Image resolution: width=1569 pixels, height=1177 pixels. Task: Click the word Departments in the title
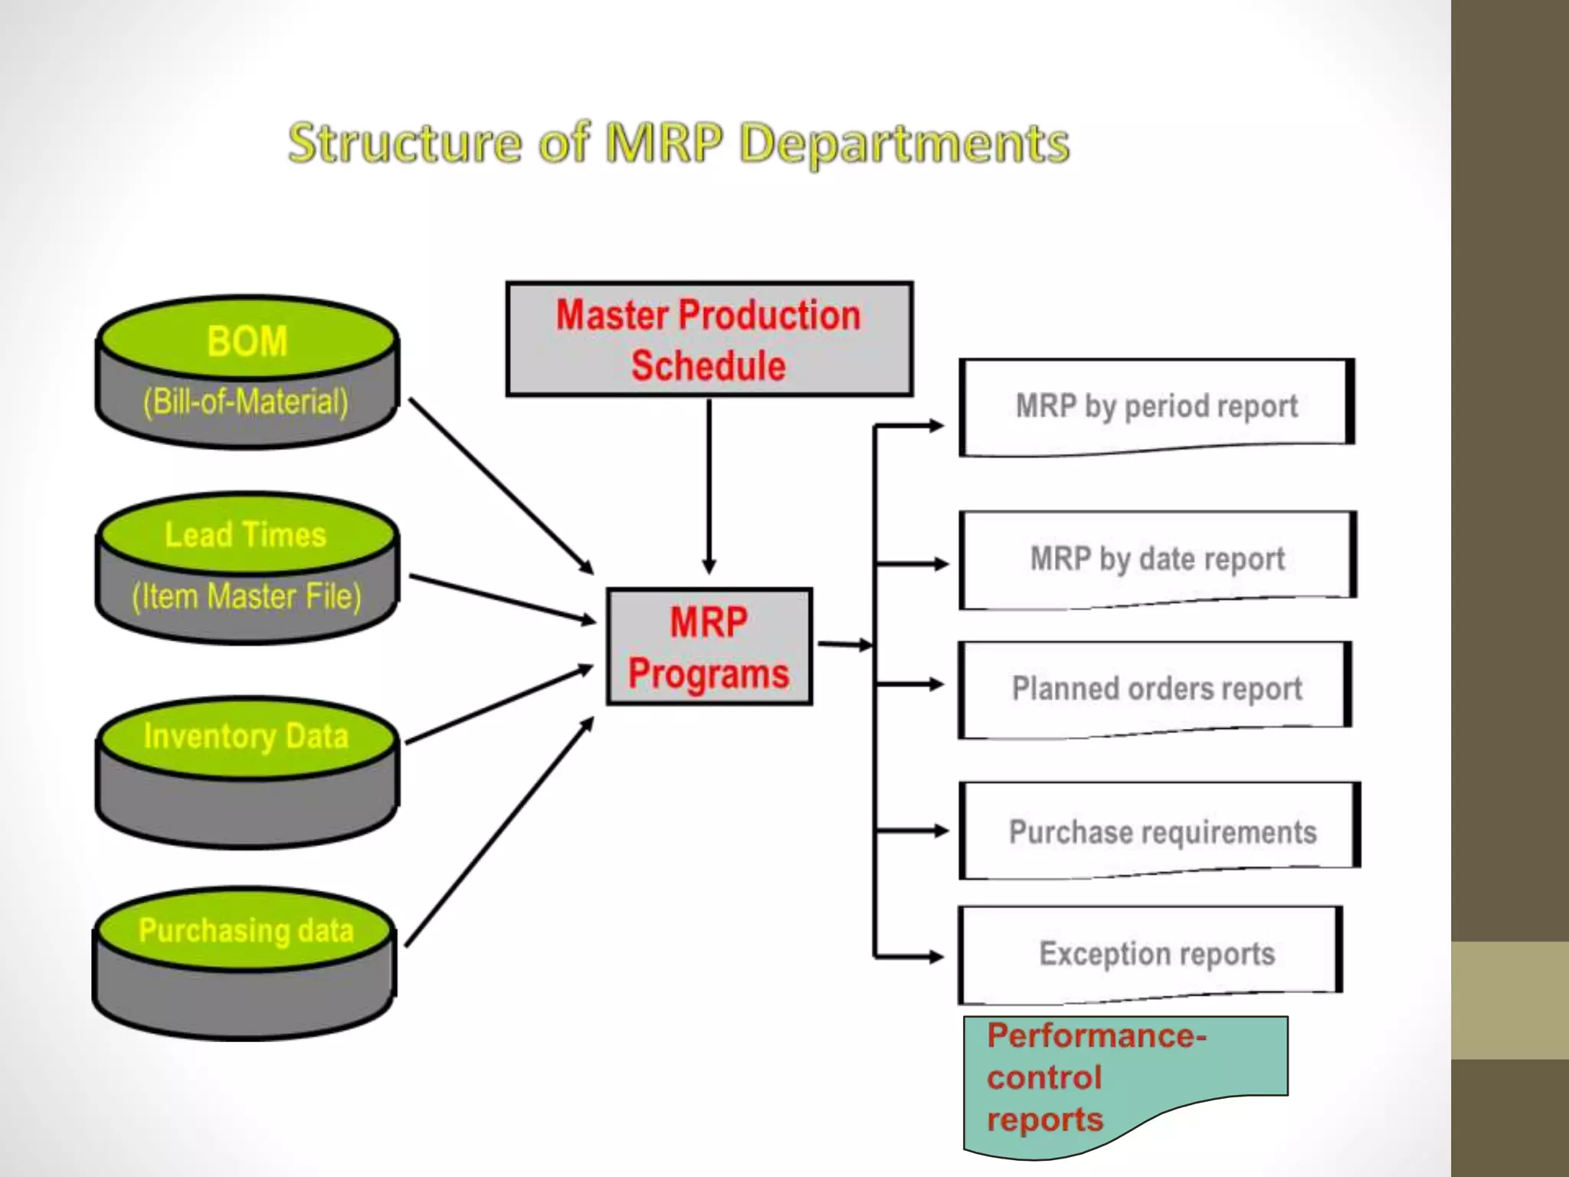coord(904,145)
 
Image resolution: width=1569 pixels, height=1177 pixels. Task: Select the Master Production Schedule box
coord(709,339)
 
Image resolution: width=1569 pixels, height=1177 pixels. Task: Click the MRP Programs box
coord(709,647)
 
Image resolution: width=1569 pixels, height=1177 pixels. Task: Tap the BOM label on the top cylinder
coord(247,341)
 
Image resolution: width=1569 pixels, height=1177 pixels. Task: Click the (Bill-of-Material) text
coord(246,402)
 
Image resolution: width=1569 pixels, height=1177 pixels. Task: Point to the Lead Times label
coord(245,535)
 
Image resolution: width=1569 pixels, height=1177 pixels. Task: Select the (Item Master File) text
coord(246,596)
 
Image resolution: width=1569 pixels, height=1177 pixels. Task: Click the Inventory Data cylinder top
coord(246,736)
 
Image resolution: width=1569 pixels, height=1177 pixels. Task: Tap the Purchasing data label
coord(246,930)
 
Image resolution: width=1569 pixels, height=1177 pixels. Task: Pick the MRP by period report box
coord(1156,406)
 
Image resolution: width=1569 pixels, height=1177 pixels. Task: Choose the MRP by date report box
coord(1157,559)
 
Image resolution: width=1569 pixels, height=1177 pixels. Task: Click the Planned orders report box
coord(1156,688)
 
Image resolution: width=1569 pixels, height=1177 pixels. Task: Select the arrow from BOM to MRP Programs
coord(501,486)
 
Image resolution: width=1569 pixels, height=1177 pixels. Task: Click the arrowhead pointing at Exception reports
coord(935,956)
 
